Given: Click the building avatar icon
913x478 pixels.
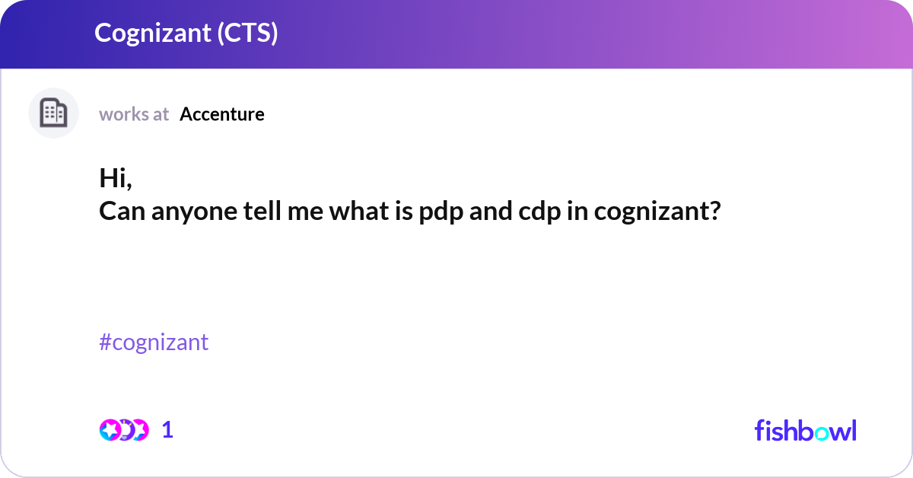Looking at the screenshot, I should (53, 113).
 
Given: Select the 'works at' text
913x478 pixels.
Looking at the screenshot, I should (134, 114).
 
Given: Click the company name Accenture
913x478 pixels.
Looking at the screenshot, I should (222, 114).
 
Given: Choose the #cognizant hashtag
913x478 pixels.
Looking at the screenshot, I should (154, 343).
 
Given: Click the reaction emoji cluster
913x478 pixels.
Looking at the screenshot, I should (124, 430).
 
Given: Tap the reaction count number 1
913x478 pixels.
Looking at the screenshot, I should (167, 430).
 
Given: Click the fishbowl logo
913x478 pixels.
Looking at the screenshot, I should (805, 430).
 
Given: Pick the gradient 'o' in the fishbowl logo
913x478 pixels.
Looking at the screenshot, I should (822, 432).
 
